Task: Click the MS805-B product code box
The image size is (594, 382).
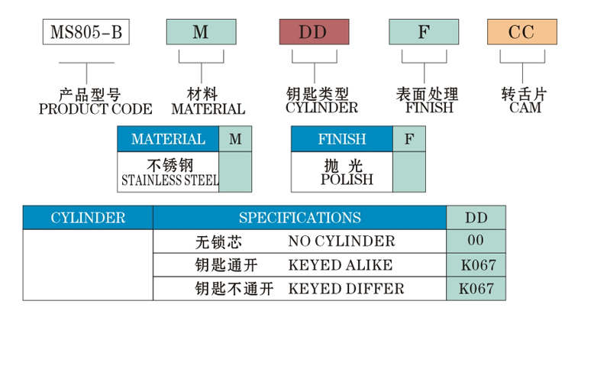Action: pos(86,32)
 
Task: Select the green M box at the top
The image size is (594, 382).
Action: pos(200,32)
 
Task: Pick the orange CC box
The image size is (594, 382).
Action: pos(522,32)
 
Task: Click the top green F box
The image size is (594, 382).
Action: pos(424,32)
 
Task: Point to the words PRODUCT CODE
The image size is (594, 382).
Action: pos(95,109)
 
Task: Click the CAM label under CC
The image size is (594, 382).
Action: pos(525,108)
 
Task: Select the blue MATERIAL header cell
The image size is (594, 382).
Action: pos(168,139)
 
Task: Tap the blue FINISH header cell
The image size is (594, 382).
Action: pos(341,139)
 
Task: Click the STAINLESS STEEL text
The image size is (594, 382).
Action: pos(169,181)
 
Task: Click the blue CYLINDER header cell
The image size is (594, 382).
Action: pos(88,218)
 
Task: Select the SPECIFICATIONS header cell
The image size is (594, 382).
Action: pos(299,218)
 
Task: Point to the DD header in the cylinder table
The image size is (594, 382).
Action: pos(476,218)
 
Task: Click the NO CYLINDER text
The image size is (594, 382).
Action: pos(341,241)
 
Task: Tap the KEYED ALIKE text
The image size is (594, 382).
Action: pos(340,265)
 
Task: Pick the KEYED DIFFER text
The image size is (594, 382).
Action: pos(346,289)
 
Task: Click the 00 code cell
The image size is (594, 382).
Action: pos(476,241)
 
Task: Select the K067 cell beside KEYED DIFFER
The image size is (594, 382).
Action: pos(476,289)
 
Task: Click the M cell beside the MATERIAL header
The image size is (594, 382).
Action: pos(235,139)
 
